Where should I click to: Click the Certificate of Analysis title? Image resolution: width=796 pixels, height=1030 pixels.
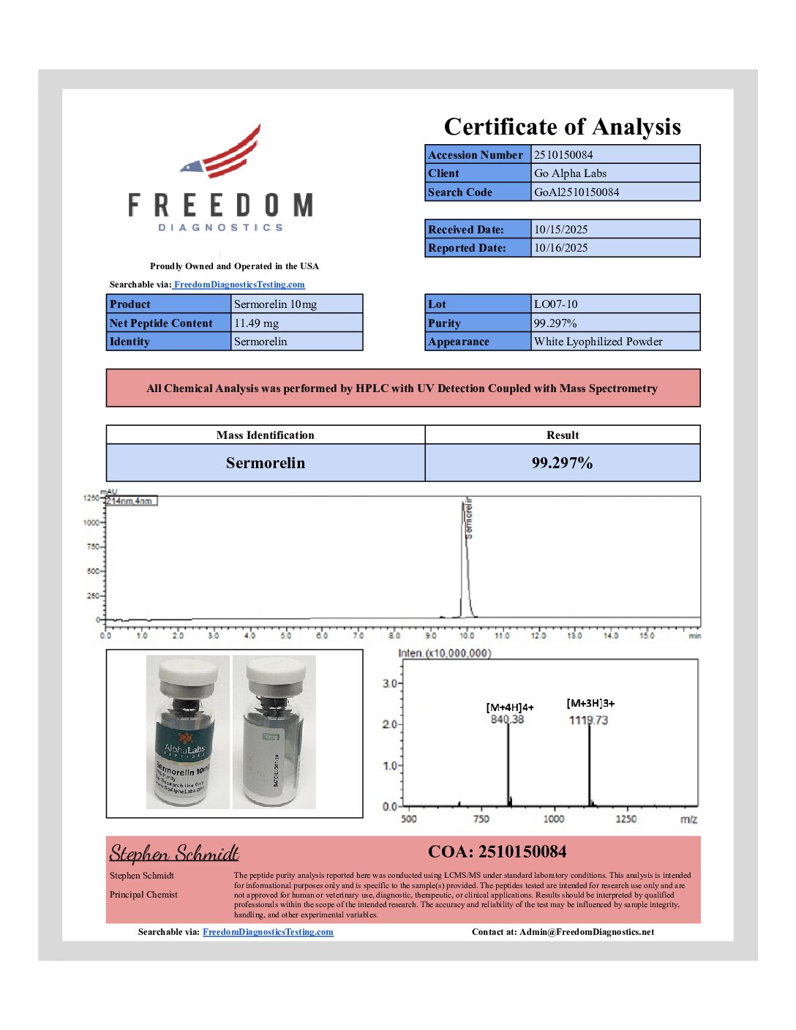(x=562, y=127)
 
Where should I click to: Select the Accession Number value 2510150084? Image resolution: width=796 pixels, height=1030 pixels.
(x=563, y=154)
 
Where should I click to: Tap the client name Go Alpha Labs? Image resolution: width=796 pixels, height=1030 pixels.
(x=570, y=173)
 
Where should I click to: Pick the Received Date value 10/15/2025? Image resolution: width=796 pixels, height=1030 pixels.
(x=560, y=230)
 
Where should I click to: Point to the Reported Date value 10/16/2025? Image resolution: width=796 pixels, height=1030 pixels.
(x=560, y=248)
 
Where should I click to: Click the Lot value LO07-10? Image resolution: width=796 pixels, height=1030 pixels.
(x=555, y=304)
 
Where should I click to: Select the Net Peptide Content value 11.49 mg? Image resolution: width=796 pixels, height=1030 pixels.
(x=256, y=323)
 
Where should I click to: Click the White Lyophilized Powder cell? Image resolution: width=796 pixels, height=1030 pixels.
(x=598, y=342)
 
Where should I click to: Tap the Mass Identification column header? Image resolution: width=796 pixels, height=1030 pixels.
(x=265, y=435)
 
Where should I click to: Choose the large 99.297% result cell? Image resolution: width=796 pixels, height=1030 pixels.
(x=562, y=463)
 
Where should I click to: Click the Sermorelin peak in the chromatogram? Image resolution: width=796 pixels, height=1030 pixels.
(x=465, y=556)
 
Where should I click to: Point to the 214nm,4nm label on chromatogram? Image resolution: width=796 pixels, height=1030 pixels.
(x=130, y=501)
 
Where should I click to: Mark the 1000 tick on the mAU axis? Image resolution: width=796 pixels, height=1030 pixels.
(x=91, y=522)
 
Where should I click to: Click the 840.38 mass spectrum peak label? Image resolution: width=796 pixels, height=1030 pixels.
(x=507, y=720)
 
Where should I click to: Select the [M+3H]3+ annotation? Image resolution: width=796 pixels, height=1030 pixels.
(x=590, y=703)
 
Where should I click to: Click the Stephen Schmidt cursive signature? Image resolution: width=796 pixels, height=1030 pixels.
(x=174, y=854)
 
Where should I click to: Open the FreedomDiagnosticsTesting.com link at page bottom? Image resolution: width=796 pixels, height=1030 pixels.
(x=268, y=932)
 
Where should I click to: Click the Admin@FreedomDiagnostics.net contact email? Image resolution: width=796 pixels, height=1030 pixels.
(x=587, y=932)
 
